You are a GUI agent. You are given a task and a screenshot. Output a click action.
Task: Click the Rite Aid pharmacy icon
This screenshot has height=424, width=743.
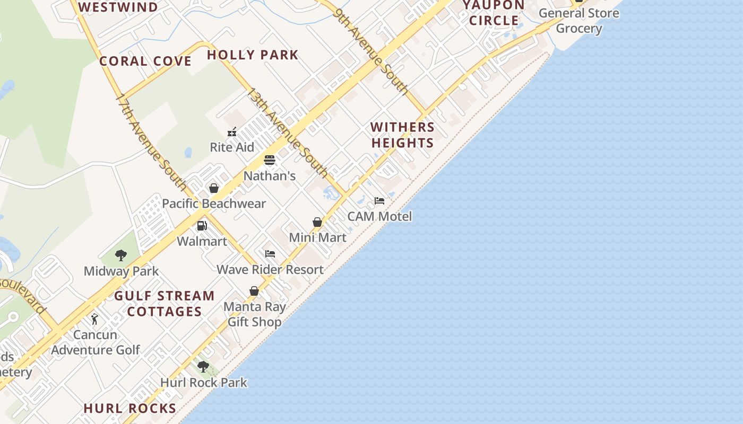(232, 132)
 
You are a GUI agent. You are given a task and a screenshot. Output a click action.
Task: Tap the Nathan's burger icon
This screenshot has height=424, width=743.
(270, 160)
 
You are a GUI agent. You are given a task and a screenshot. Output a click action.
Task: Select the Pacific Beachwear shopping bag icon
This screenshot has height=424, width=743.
(214, 188)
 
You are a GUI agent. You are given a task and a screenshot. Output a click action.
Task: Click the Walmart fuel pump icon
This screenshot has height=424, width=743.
(202, 226)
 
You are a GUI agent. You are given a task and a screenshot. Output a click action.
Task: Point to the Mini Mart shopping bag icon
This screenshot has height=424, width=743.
(317, 222)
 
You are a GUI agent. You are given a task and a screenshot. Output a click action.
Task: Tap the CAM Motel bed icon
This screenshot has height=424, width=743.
(379, 201)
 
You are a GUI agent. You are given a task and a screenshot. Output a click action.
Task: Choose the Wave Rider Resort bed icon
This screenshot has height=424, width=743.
(270, 254)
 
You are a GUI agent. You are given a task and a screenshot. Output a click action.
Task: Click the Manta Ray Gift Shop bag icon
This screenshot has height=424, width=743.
(254, 291)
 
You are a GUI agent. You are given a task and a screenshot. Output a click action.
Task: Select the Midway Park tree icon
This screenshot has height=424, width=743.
(121, 255)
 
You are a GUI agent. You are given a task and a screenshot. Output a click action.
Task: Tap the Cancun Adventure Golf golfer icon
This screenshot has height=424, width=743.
(94, 319)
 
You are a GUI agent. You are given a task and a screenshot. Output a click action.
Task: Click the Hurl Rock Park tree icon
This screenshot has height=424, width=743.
(203, 367)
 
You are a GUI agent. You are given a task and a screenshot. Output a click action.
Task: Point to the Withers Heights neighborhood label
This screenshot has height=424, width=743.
(402, 135)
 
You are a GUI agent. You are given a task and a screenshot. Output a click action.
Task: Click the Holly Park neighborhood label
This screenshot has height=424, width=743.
(253, 55)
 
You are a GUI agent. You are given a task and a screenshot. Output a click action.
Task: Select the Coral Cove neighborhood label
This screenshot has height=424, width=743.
(145, 61)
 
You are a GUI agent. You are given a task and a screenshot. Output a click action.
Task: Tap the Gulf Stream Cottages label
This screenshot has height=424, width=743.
(165, 303)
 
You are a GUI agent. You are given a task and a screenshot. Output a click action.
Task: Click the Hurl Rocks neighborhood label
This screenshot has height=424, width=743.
(130, 408)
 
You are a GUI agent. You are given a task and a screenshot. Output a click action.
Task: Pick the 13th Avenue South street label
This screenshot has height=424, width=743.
(287, 132)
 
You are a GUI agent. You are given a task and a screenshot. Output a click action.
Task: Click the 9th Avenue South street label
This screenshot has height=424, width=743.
(371, 51)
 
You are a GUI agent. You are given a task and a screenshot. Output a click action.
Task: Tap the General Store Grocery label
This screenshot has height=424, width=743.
(578, 21)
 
